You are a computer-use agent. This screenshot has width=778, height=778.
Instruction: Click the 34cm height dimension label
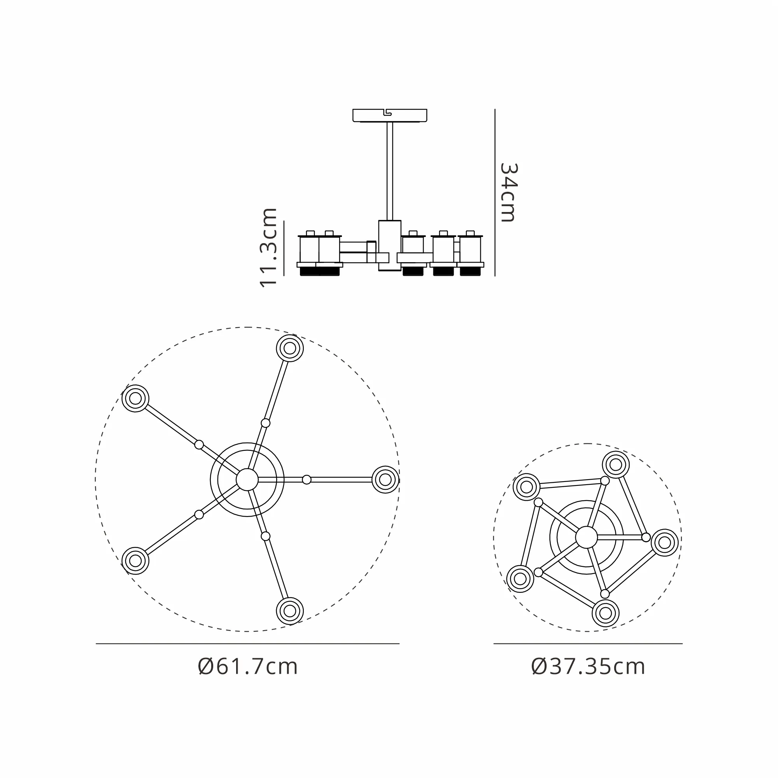(x=508, y=193)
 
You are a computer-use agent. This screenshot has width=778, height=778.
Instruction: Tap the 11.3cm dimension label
(x=268, y=247)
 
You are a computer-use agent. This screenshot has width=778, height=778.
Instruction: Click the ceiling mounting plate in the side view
(x=390, y=116)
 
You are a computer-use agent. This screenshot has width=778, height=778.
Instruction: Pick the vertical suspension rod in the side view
(x=390, y=171)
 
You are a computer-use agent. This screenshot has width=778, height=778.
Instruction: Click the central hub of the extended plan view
(x=247, y=480)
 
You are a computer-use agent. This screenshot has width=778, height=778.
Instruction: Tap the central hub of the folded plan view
(x=587, y=537)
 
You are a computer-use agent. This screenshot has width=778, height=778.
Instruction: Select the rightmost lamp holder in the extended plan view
(x=385, y=480)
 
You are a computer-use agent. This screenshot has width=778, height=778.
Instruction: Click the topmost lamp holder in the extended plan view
(x=290, y=348)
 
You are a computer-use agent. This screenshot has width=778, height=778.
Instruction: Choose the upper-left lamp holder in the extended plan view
(x=135, y=398)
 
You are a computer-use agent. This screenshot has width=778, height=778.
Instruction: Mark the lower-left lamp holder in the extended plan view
(x=135, y=561)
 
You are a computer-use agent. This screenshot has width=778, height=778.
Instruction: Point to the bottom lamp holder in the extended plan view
(x=290, y=611)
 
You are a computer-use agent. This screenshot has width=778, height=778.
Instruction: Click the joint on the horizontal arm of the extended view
(x=307, y=480)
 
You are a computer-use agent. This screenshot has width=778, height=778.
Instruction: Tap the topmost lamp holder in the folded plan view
(x=616, y=465)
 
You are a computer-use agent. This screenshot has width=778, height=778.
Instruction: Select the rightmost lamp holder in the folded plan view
(x=664, y=542)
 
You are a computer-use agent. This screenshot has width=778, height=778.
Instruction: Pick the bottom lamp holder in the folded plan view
(x=606, y=613)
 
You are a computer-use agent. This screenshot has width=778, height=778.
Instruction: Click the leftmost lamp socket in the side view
(x=309, y=253)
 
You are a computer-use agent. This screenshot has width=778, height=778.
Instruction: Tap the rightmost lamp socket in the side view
(x=470, y=253)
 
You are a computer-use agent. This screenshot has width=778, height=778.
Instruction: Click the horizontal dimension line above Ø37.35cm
(x=588, y=643)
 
